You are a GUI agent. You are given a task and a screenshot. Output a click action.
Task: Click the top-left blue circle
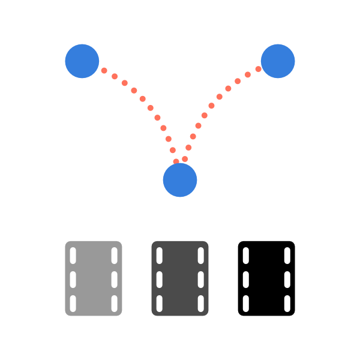[82, 61]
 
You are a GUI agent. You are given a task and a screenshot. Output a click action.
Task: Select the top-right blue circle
[278, 61]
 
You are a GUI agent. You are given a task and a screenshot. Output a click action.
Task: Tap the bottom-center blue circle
[180, 180]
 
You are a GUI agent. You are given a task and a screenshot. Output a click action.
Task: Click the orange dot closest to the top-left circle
[104, 71]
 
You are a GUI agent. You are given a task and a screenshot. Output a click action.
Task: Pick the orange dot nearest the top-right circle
[258, 69]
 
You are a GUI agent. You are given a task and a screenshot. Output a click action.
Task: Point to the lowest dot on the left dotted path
[176, 161]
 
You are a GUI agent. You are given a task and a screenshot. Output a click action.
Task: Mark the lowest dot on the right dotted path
[185, 159]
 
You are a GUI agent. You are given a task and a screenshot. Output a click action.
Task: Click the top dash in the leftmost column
[73, 256]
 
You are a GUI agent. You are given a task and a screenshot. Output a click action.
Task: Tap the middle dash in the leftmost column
[73, 280]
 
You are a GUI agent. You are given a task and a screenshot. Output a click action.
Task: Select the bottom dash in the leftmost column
[73, 304]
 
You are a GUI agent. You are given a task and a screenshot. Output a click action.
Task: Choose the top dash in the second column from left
[115, 256]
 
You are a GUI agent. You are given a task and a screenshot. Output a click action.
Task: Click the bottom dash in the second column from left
[115, 304]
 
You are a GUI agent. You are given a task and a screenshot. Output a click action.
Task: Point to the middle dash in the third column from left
[160, 280]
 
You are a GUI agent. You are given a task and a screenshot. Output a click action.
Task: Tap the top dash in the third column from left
[160, 256]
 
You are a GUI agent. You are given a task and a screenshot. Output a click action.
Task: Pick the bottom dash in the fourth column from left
[201, 304]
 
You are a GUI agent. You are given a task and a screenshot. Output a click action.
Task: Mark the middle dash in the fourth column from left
[201, 280]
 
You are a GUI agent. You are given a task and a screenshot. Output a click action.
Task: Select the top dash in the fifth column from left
[246, 256]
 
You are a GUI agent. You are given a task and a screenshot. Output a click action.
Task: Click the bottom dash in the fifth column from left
[246, 304]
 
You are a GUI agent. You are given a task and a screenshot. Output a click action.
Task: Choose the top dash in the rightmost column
[287, 256]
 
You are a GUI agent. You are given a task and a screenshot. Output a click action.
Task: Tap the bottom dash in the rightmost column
[287, 304]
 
